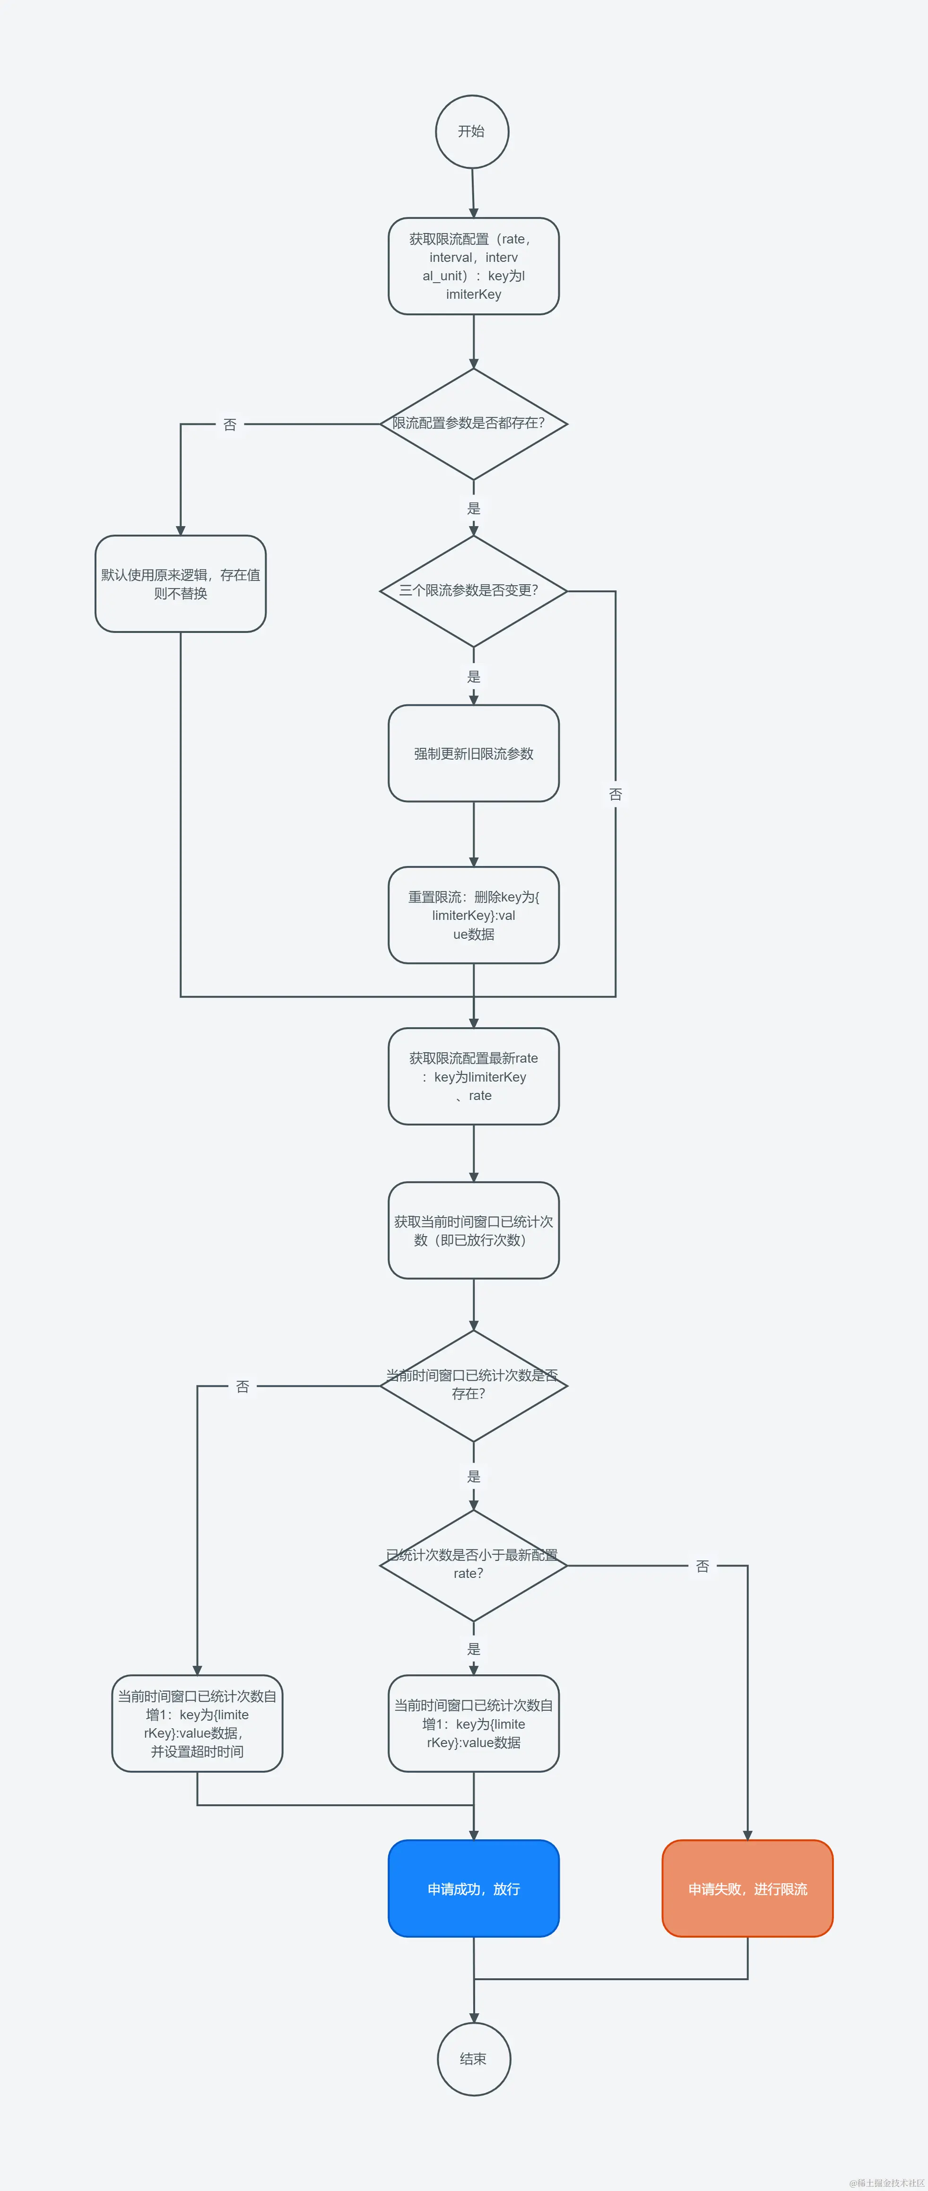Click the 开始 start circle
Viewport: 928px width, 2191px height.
472,132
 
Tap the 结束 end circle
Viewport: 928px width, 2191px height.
474,2058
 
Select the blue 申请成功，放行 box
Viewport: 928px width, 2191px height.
474,1888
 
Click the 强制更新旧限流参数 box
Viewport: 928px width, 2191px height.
474,753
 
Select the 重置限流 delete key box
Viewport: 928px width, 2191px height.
474,915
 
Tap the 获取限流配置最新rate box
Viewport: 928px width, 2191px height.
474,1077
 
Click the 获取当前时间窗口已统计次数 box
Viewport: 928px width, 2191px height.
474,1231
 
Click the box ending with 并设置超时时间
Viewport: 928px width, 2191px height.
197,1723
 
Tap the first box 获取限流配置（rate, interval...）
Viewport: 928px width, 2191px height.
474,266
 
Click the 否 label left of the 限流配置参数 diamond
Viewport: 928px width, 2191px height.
230,424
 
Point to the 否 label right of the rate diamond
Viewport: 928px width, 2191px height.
703,1566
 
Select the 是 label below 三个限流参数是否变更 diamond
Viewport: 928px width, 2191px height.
474,676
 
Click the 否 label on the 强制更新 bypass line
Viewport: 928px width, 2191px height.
616,794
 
